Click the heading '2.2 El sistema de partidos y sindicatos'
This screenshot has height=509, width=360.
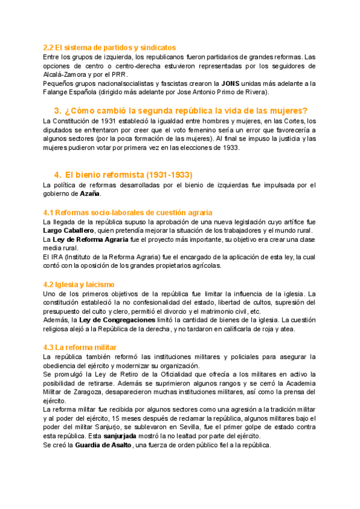tap(109, 47)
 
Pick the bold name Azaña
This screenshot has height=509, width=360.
tap(91, 194)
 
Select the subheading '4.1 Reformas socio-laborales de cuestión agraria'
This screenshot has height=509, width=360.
tap(128, 212)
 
